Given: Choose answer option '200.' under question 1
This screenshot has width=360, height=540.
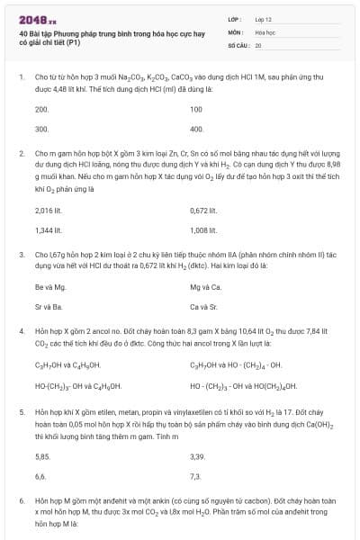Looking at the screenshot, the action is [41, 109].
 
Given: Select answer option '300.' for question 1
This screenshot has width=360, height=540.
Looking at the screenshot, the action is [41, 129].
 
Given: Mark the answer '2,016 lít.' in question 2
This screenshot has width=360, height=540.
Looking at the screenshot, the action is [47, 210].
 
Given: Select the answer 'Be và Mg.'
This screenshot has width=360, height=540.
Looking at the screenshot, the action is [50, 286].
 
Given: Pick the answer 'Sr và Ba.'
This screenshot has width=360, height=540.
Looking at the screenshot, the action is [49, 306].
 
